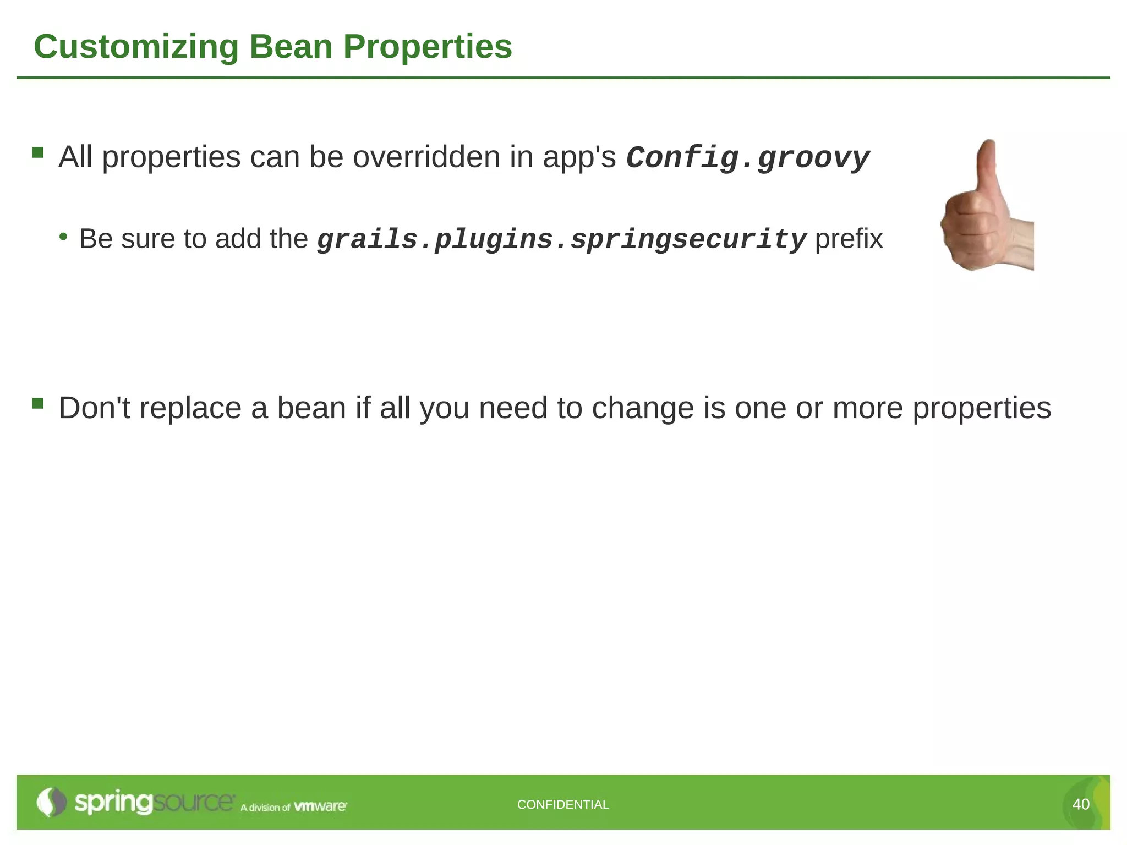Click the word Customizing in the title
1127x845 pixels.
136,47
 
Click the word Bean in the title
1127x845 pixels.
291,47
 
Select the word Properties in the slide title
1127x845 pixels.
428,47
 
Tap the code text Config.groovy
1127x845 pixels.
748,158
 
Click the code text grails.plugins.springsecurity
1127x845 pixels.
561,240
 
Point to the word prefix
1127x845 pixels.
849,239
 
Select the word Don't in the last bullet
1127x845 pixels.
95,408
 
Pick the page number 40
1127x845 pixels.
1081,804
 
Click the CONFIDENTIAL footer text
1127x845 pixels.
563,804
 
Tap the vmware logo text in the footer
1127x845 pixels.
320,806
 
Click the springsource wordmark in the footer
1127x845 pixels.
154,803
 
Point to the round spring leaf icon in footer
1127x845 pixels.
51,802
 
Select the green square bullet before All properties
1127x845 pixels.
38,152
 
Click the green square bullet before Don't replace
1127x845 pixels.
38,403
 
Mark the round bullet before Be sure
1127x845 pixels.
64,237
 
